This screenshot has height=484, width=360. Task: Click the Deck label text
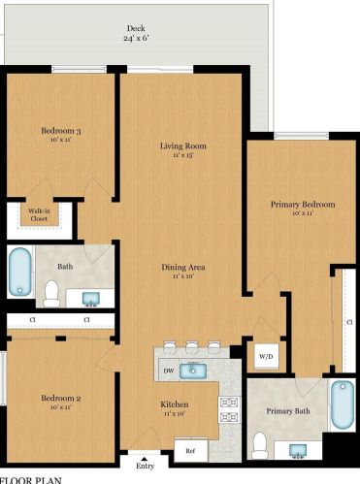(136, 28)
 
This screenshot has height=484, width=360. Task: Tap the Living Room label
(183, 145)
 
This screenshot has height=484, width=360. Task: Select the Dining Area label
(183, 267)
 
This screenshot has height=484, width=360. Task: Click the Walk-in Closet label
(39, 214)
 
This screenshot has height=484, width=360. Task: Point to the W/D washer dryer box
(266, 356)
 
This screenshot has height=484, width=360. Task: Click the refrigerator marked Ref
(191, 450)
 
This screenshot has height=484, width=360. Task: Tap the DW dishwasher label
(169, 371)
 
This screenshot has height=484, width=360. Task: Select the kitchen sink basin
(193, 371)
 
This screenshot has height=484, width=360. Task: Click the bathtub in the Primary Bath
(343, 404)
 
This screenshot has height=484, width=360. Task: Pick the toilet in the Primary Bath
(260, 445)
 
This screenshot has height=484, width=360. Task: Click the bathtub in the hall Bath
(20, 272)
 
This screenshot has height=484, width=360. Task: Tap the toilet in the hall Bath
(51, 294)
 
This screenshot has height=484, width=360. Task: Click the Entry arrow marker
(145, 458)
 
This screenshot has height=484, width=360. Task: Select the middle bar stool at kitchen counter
(191, 347)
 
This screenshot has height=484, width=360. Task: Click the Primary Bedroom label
(303, 205)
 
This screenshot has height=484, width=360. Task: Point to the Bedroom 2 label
(61, 398)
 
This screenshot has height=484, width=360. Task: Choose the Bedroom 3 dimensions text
(60, 140)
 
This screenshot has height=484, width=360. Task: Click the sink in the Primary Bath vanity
(298, 450)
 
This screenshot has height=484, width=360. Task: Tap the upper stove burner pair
(229, 403)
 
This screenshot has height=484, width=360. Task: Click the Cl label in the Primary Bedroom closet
(349, 322)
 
